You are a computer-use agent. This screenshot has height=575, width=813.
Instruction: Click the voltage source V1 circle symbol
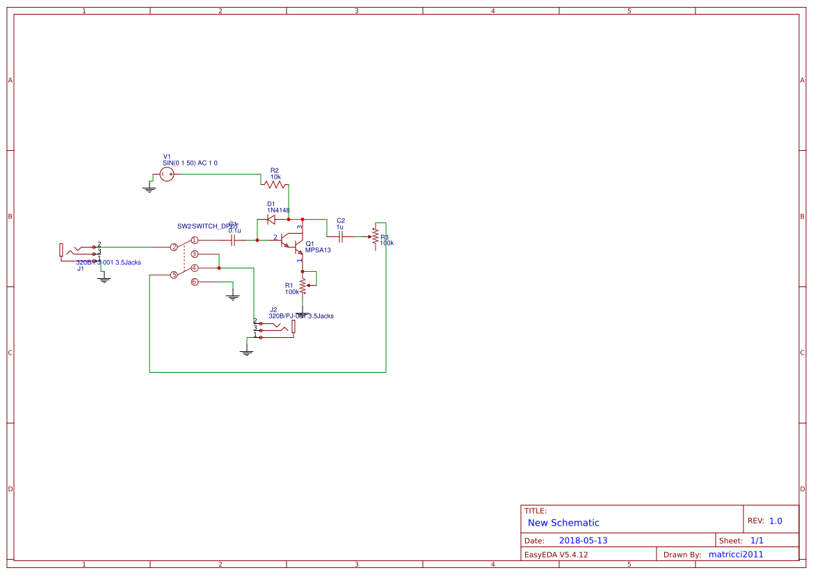tap(166, 175)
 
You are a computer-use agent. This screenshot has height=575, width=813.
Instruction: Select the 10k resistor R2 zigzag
tap(275, 184)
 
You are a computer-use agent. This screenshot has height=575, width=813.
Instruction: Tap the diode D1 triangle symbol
tap(271, 220)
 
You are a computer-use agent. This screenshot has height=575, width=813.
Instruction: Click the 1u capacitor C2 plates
tap(340, 236)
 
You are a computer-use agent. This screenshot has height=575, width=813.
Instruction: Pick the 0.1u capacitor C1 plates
tap(233, 240)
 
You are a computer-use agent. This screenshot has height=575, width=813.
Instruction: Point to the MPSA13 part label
tap(318, 250)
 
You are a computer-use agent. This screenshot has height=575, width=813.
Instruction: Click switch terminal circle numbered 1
tap(195, 240)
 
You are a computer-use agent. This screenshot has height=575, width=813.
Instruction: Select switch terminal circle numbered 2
tap(174, 247)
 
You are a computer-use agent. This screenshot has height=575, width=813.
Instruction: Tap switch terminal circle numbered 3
tap(195, 254)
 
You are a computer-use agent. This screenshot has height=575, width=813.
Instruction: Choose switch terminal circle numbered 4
tap(195, 268)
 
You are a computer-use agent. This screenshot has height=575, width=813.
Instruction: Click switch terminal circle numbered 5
tap(174, 275)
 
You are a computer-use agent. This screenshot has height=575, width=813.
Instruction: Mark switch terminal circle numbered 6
tap(195, 282)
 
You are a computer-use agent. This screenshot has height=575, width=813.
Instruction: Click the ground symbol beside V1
tap(149, 188)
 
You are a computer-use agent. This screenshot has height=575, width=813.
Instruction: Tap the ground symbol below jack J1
tap(104, 279)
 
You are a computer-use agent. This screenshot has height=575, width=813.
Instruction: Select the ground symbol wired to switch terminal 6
tap(233, 297)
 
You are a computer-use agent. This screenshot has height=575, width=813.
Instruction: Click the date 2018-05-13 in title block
tap(583, 541)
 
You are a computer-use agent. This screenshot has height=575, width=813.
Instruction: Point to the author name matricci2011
tap(735, 555)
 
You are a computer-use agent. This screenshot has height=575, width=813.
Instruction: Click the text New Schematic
tap(563, 523)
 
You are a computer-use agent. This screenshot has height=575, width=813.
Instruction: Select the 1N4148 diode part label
tap(278, 210)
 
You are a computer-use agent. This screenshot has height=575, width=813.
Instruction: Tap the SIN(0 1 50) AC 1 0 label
tap(190, 163)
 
